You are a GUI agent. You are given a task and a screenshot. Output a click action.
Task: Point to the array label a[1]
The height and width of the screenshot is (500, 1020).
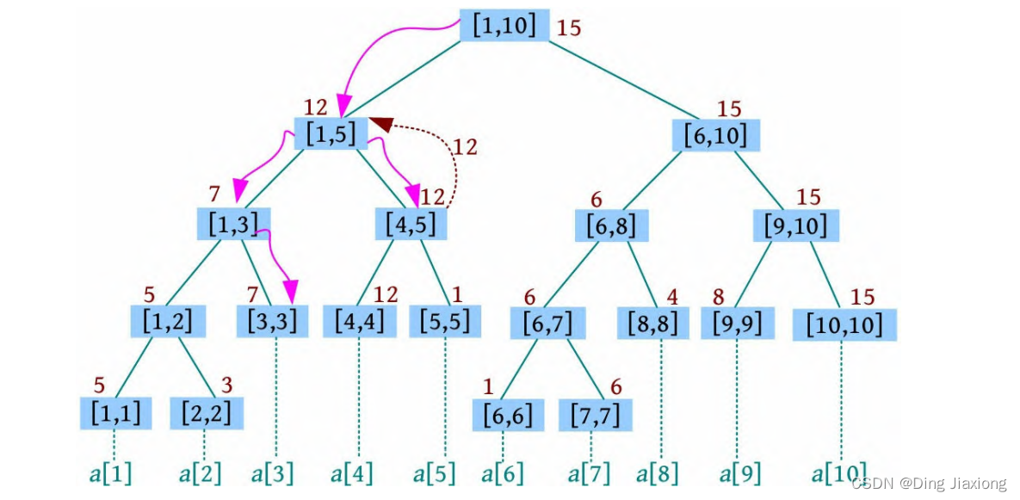[110, 474]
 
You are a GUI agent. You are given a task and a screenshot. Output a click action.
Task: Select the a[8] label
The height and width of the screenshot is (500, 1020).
[661, 474]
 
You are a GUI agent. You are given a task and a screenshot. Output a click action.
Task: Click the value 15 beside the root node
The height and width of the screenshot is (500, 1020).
[570, 28]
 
